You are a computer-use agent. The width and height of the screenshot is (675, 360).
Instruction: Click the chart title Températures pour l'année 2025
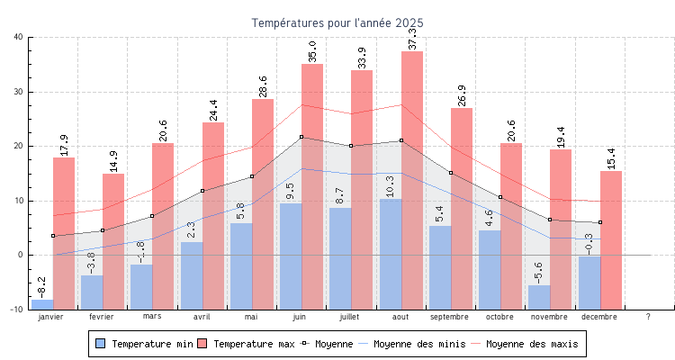click(337, 22)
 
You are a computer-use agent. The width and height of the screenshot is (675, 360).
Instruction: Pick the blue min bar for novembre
click(539, 297)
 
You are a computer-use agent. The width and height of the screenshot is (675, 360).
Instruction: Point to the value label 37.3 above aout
click(413, 38)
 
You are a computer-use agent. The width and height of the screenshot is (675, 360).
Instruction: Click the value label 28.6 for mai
click(263, 86)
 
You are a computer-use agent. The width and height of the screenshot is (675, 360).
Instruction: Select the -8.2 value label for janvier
click(42, 287)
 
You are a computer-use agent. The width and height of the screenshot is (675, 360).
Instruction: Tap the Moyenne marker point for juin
click(301, 137)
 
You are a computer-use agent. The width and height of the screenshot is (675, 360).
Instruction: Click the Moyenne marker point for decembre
click(600, 222)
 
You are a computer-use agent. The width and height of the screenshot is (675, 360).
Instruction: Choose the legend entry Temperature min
click(142, 344)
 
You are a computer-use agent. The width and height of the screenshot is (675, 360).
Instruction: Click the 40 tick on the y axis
click(19, 37)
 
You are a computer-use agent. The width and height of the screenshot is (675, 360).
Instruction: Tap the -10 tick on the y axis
click(17, 310)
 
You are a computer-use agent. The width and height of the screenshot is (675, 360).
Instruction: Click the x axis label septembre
click(450, 317)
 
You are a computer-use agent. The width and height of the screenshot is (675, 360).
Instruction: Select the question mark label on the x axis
click(649, 317)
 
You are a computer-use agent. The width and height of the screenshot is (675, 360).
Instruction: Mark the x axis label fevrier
click(102, 317)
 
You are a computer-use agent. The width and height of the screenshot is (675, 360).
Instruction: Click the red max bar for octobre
click(511, 225)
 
